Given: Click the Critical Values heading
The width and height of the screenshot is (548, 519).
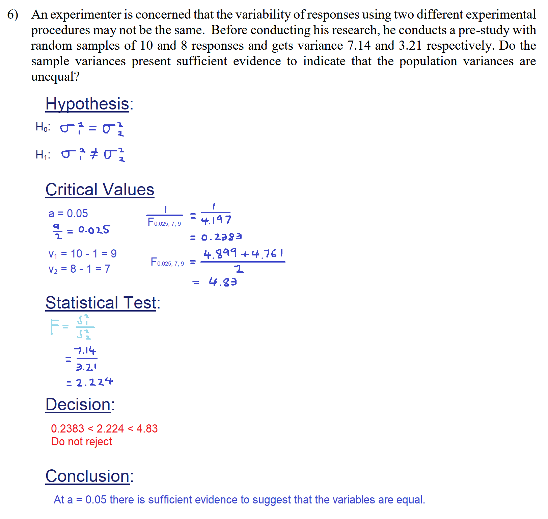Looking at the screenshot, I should [100, 190].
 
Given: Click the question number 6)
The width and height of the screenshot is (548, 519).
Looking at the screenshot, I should [13, 15].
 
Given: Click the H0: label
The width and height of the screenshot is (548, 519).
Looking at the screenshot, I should [43, 127].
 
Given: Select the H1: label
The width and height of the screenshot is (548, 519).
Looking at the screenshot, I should [43, 155].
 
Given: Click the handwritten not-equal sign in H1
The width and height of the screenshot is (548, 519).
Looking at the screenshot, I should [94, 154].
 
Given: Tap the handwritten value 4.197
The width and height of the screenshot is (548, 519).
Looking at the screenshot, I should [216, 220].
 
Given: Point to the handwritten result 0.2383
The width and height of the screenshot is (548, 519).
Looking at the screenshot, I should [221, 237].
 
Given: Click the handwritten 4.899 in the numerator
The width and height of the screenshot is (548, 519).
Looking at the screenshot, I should [220, 253].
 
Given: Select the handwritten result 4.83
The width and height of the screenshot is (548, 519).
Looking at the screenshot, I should [222, 281].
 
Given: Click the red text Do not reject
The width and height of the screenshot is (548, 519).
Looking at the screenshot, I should [81, 442].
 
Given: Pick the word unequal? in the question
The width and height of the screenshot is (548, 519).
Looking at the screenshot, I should [55, 77].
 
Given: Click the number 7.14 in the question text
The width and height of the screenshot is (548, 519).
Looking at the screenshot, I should [359, 46].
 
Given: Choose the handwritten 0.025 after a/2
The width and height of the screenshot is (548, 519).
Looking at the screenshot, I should [94, 230].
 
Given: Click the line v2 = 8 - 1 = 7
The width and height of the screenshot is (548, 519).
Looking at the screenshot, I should [79, 269].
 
